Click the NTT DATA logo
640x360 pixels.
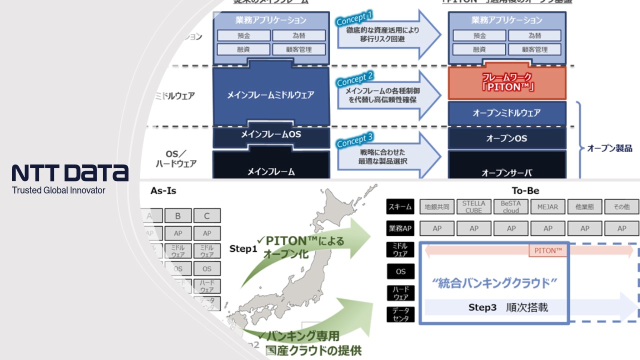[x=70, y=172]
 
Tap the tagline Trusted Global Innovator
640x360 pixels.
[x=58, y=190]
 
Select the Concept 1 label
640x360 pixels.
[x=354, y=18]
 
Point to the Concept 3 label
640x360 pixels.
[x=354, y=140]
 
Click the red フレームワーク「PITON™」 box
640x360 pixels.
[x=507, y=82]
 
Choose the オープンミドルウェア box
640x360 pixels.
[x=506, y=113]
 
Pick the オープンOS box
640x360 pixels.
[x=506, y=138]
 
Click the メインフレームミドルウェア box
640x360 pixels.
[x=271, y=95]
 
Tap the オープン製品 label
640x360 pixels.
[x=609, y=148]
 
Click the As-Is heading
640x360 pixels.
[x=163, y=191]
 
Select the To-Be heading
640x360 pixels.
[x=525, y=191]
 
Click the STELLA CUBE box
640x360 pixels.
[x=473, y=207]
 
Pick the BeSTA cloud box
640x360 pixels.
[x=510, y=207]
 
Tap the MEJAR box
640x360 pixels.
[x=547, y=207]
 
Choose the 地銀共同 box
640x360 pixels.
[x=437, y=207]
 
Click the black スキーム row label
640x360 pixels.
[x=400, y=206]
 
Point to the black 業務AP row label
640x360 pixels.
[x=400, y=228]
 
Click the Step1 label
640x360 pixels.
[x=243, y=248]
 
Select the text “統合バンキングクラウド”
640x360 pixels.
[x=494, y=283]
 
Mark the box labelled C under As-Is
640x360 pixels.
[x=207, y=216]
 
